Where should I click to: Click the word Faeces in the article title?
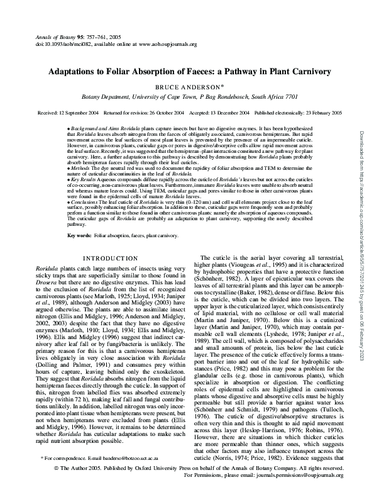186,72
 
